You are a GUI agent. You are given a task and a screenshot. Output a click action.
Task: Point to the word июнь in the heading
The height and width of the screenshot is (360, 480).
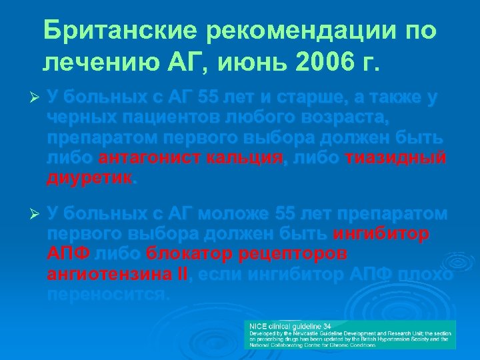[227, 63]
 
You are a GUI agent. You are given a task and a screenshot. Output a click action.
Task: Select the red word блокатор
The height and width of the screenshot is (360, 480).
[188, 254]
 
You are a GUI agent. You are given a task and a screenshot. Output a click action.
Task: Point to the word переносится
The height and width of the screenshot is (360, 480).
[106, 294]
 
